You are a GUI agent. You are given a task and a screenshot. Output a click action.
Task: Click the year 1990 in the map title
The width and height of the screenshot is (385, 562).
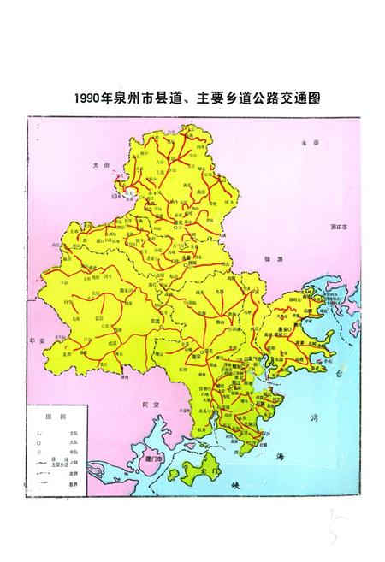click(x=88, y=98)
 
